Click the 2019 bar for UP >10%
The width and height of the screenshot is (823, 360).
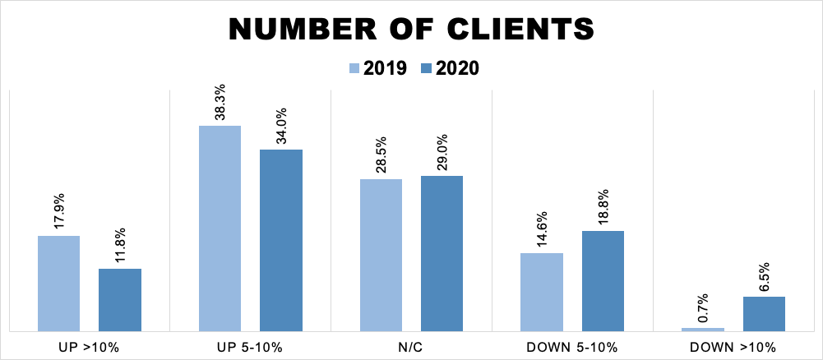58,284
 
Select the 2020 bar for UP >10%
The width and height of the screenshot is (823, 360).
120,300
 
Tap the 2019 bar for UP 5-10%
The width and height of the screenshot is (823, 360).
220,228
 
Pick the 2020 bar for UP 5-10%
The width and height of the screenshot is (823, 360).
281,240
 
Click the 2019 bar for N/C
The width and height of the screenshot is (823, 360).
381,255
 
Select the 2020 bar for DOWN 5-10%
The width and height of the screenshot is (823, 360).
603,281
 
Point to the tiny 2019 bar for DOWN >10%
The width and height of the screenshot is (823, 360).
703,330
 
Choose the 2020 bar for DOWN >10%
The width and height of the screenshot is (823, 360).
764,314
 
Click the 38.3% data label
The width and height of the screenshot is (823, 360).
220,103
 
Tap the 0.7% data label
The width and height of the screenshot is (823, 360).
704,308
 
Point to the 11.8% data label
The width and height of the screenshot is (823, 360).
121,246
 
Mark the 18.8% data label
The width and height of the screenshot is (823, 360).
603,208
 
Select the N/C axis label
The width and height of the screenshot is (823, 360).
411,347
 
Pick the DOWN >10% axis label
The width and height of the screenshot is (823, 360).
733,347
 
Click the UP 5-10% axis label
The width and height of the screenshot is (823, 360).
250,347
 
